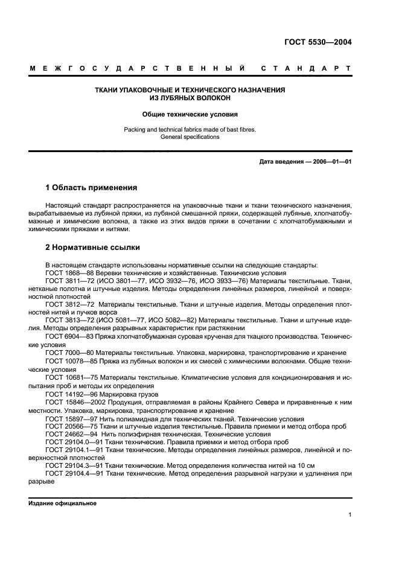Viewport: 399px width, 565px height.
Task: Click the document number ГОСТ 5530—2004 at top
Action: coord(318,42)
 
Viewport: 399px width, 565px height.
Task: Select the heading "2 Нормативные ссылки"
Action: coord(93,247)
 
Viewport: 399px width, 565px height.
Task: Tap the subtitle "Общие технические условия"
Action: coord(190,113)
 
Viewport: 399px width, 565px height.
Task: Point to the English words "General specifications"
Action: coord(190,137)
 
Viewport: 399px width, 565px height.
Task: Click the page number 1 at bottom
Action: coord(350,514)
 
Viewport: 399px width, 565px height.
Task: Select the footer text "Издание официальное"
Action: coord(62,503)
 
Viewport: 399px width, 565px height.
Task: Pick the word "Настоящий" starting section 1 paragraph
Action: coord(62,206)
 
